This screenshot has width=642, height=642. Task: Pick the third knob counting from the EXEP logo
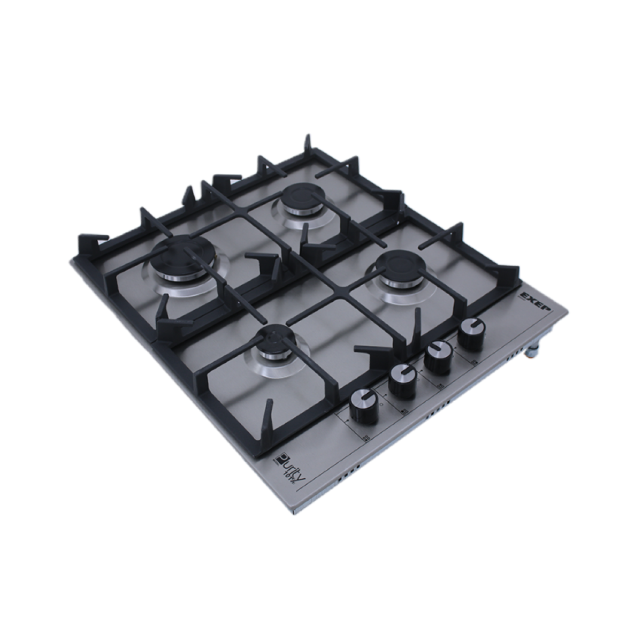402,381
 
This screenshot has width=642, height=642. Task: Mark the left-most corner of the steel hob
72,261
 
